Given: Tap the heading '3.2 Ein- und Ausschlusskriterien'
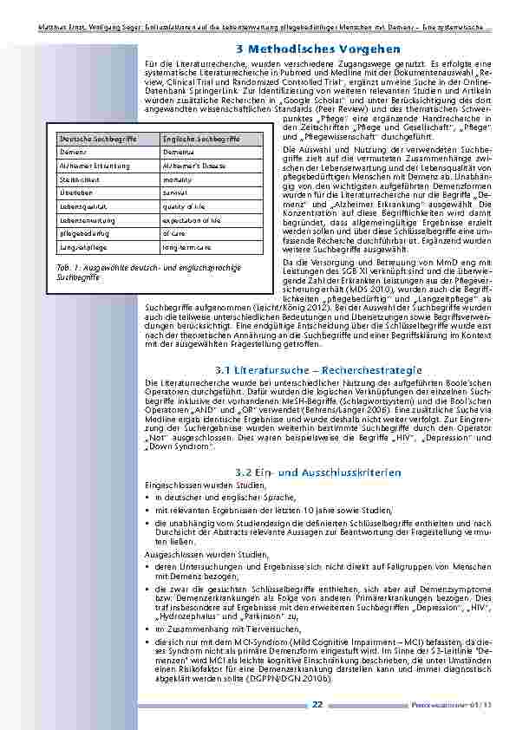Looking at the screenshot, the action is (x=317, y=472).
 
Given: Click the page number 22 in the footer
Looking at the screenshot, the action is (x=317, y=704).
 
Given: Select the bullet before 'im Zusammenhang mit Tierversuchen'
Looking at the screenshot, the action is (x=148, y=626).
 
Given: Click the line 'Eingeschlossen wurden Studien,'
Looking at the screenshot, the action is (x=196, y=486).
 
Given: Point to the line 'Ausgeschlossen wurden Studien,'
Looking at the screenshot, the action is (x=196, y=551).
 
